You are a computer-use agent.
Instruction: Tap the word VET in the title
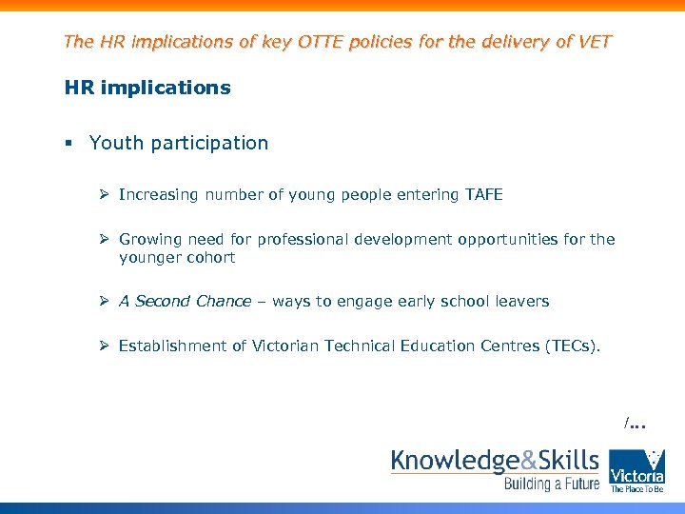click(x=594, y=42)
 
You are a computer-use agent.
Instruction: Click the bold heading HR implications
click(x=147, y=89)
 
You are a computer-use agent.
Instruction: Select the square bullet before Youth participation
click(x=68, y=144)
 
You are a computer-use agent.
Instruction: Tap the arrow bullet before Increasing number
click(x=105, y=195)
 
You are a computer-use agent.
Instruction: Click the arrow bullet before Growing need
click(x=105, y=240)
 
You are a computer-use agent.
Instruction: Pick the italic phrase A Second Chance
click(x=185, y=302)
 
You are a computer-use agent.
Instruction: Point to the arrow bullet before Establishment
click(x=105, y=346)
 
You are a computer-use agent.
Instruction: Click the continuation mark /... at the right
click(x=635, y=423)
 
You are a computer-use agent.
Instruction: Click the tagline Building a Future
click(x=552, y=485)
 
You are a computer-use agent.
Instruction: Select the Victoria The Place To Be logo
click(x=636, y=470)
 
